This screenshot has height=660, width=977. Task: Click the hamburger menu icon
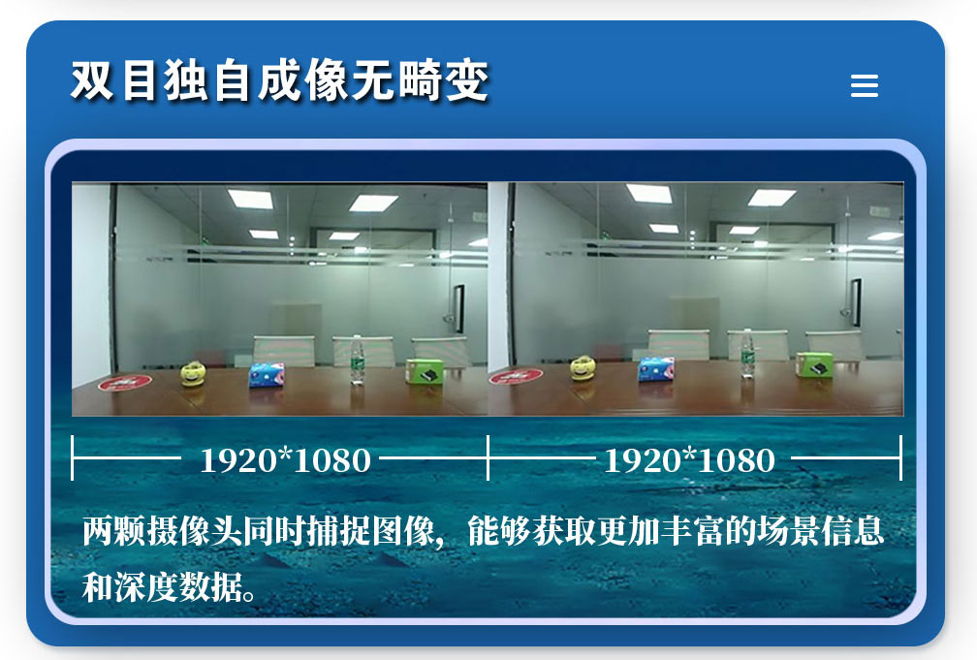click(x=865, y=85)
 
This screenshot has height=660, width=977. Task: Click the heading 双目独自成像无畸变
click(x=279, y=80)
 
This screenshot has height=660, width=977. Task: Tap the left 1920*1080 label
click(x=285, y=460)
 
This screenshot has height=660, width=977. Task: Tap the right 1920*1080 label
click(x=689, y=460)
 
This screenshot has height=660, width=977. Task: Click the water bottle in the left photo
click(x=357, y=360)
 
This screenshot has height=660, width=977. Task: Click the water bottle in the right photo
click(x=747, y=354)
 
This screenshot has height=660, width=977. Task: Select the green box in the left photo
click(x=425, y=371)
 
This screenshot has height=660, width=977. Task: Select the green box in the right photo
click(x=814, y=364)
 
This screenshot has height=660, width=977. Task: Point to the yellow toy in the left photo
click(x=193, y=373)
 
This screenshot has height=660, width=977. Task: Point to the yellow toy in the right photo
click(x=583, y=367)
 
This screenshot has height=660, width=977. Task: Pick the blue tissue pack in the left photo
click(x=266, y=375)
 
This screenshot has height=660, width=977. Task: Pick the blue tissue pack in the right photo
click(x=656, y=369)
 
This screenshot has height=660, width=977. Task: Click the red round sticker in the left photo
click(x=125, y=382)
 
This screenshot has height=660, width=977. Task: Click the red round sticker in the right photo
click(x=516, y=376)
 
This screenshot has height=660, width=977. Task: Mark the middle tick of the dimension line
click(x=488, y=458)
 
